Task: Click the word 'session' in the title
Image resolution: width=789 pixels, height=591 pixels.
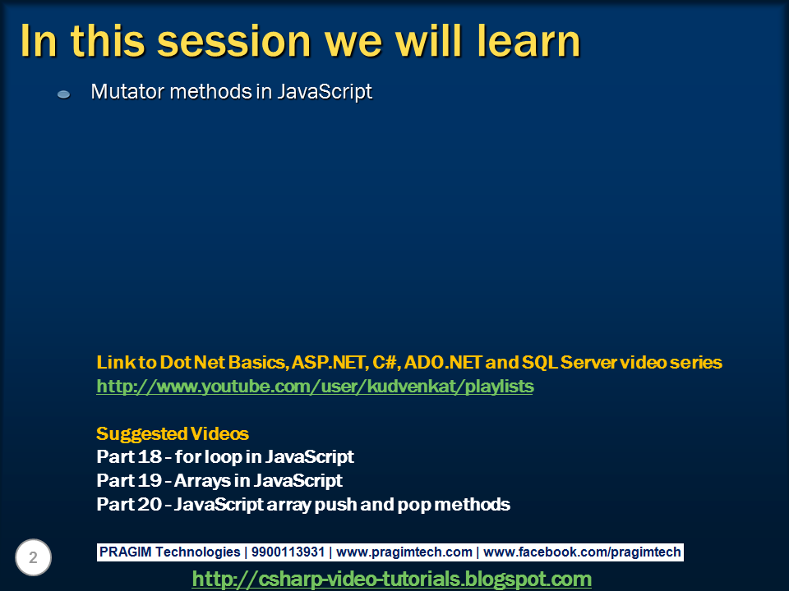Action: coord(234,41)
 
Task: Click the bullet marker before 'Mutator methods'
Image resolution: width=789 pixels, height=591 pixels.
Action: coord(64,94)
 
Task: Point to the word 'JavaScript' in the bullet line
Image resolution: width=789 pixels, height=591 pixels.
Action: coord(325,93)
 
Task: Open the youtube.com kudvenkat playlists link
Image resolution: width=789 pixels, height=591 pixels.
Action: coord(315,387)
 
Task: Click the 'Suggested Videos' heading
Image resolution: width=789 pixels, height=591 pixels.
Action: coord(173,433)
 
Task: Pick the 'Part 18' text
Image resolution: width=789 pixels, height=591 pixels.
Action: coord(129,457)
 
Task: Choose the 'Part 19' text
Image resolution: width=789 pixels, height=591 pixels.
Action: coord(129,480)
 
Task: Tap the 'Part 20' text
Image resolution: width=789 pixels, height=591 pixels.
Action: coord(129,504)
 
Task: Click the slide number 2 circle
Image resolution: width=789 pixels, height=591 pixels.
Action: coord(33,557)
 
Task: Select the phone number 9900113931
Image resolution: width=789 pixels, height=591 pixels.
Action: coord(288,552)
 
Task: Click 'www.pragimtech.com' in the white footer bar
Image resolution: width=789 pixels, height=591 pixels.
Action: coord(404,552)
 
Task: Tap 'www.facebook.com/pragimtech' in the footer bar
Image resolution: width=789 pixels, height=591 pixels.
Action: coord(582,552)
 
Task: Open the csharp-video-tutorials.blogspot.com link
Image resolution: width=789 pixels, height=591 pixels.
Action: coord(392,579)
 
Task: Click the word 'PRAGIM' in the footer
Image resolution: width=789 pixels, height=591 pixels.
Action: coord(125,552)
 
